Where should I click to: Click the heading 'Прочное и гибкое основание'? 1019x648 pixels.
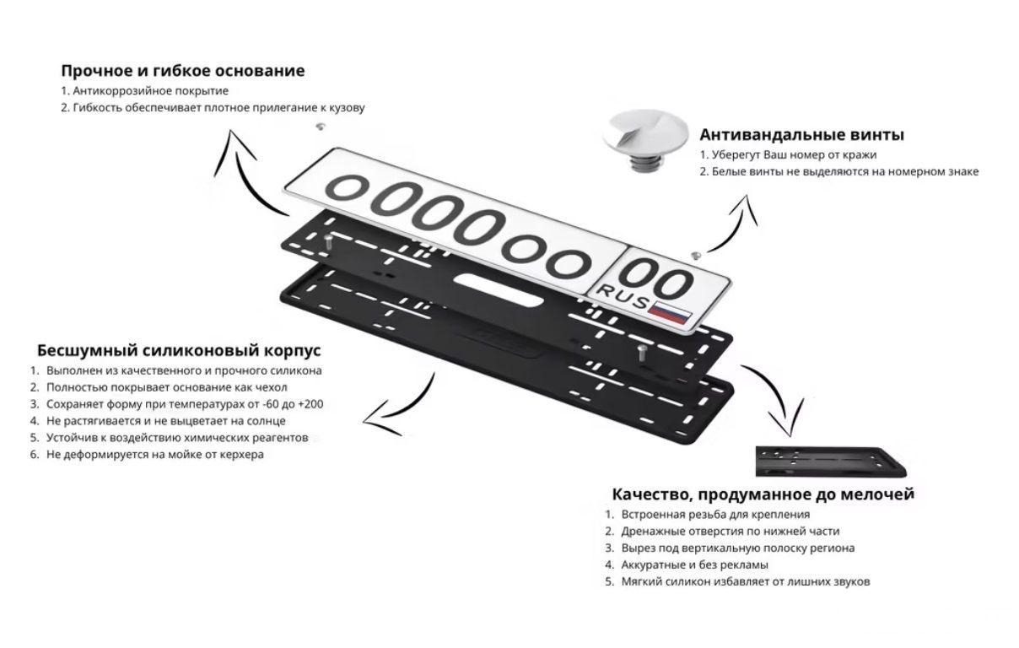[x=182, y=71]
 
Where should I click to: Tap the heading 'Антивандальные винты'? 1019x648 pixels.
[x=801, y=135]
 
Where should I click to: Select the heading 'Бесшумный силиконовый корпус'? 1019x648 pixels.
[x=179, y=350]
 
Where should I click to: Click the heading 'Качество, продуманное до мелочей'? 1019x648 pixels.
[x=763, y=494]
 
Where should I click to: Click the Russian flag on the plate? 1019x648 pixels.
[x=671, y=311]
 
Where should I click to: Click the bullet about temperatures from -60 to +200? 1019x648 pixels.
[x=185, y=404]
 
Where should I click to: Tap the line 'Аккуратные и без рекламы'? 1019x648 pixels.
[x=694, y=564]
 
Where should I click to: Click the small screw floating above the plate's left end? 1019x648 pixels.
[x=320, y=127]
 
